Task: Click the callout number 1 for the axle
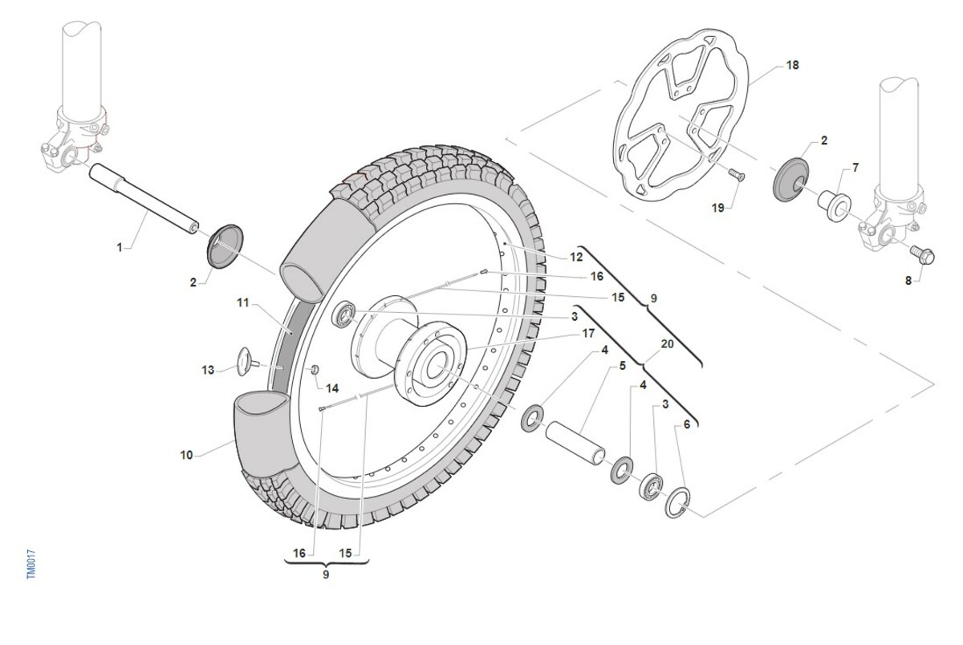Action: click(x=120, y=248)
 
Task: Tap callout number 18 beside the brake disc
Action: click(x=793, y=66)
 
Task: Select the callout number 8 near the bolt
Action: click(x=909, y=280)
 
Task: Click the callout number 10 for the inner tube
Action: click(x=187, y=456)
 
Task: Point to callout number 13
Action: click(x=208, y=370)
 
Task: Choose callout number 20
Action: click(x=667, y=343)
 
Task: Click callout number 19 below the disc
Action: click(x=717, y=208)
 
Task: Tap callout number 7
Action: click(x=855, y=168)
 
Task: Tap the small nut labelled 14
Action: click(x=315, y=368)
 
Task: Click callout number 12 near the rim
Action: click(x=576, y=258)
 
